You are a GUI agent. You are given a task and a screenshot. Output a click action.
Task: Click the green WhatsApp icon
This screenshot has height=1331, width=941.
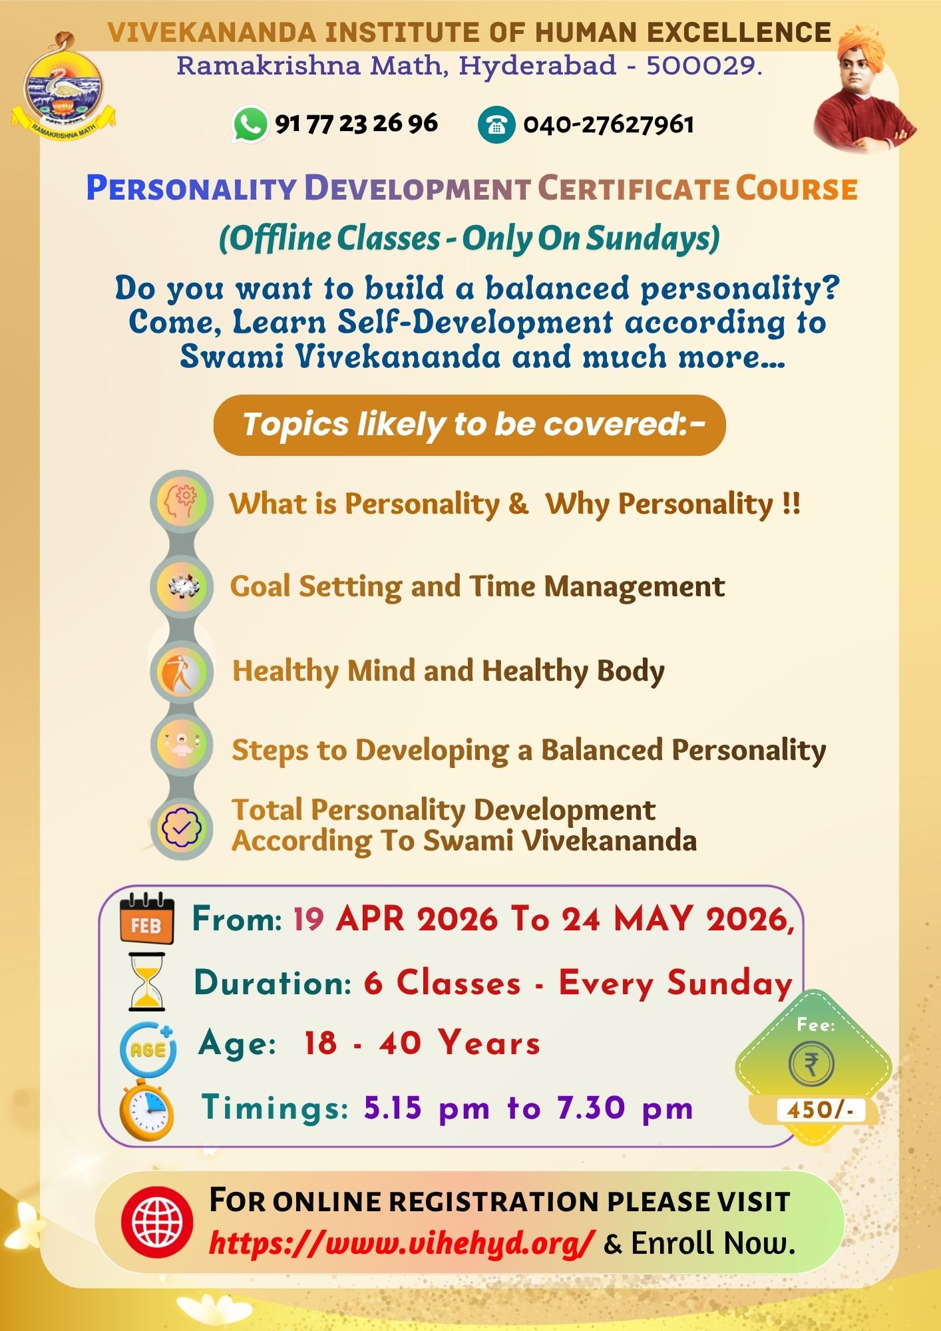(x=250, y=124)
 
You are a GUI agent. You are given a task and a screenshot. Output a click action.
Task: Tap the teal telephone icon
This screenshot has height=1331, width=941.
(x=496, y=124)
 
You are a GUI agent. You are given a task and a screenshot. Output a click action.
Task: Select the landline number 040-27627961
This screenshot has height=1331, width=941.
(x=608, y=124)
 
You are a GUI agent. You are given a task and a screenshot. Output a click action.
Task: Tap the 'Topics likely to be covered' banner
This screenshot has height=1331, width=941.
(x=469, y=425)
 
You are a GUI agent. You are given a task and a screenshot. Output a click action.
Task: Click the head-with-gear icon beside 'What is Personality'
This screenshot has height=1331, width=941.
(x=182, y=502)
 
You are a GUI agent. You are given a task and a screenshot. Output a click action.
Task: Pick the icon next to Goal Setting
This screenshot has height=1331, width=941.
(x=182, y=586)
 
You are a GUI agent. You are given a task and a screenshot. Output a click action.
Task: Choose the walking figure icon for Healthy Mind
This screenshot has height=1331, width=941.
(x=182, y=671)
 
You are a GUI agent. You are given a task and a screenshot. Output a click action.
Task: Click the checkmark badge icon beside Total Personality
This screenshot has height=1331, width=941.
(x=182, y=827)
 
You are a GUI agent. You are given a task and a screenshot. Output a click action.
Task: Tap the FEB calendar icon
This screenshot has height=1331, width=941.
(x=147, y=919)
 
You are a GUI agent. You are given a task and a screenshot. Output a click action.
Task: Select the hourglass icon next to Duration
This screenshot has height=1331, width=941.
(x=147, y=982)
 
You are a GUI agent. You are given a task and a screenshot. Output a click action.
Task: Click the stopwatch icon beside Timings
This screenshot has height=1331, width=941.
(x=147, y=1110)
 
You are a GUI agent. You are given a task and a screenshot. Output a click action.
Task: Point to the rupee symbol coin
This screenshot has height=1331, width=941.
(x=811, y=1064)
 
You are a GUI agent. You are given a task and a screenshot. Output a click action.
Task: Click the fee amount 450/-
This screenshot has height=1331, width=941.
(x=820, y=1109)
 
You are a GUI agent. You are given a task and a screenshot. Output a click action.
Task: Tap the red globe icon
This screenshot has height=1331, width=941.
(x=158, y=1222)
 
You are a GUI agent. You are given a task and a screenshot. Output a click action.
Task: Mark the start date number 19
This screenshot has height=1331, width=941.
(x=308, y=919)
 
